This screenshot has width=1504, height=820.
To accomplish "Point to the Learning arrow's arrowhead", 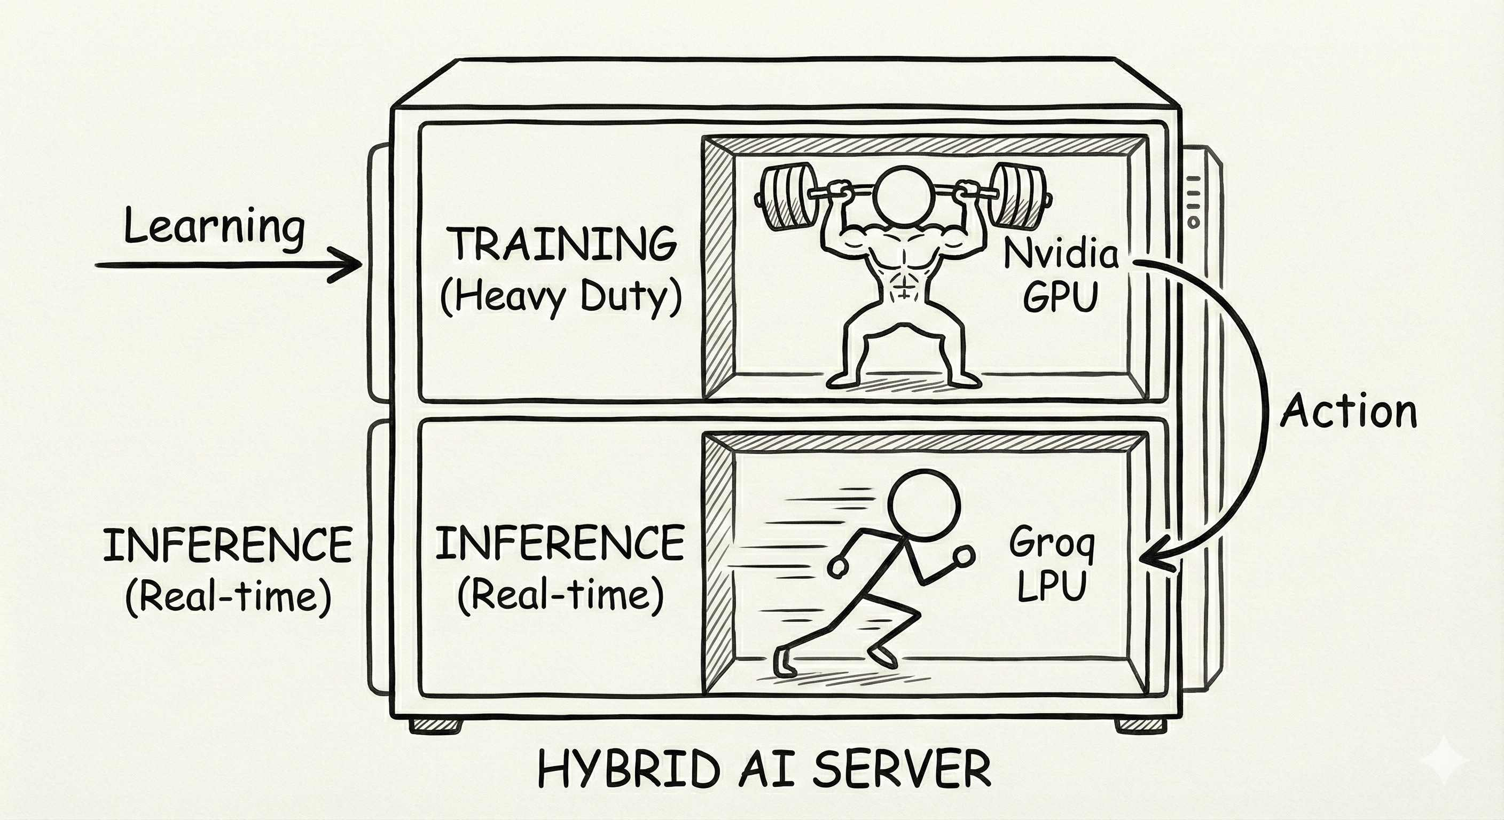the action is (x=350, y=265).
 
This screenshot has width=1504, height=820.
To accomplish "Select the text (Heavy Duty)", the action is (x=561, y=298).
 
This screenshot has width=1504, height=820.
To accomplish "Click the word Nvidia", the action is (x=1061, y=255).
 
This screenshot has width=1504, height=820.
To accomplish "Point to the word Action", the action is (x=1349, y=412).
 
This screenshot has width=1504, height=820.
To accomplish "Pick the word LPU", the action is (x=1052, y=586).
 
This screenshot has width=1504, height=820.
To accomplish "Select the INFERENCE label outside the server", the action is (x=228, y=545).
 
